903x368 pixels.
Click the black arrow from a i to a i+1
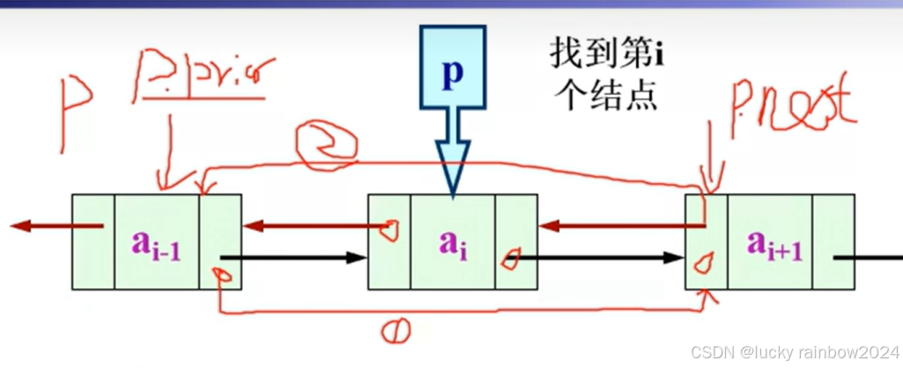[x=599, y=259]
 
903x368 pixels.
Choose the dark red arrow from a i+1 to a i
[x=617, y=226]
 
